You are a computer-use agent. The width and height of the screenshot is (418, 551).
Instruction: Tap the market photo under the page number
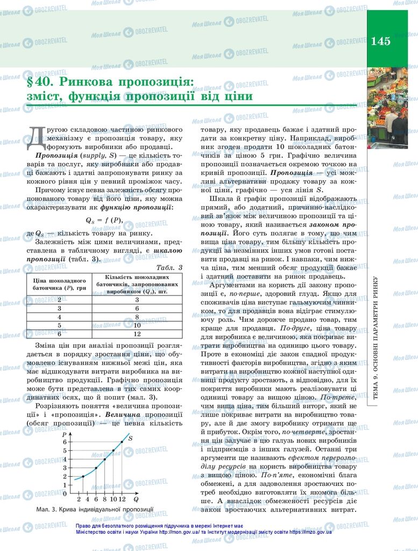387,108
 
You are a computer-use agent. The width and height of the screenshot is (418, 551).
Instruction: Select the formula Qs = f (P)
104,220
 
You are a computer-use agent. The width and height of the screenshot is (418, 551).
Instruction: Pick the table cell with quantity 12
137,334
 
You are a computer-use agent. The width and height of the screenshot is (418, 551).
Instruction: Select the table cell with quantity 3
137,299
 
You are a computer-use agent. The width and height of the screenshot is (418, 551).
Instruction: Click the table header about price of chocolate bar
59,284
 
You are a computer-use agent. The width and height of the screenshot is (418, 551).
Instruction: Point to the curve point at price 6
122,442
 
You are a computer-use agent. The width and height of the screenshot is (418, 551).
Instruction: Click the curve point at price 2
83,476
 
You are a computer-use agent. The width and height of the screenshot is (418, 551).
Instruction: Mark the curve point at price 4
105,459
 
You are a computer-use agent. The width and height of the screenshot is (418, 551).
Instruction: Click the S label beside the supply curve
130,439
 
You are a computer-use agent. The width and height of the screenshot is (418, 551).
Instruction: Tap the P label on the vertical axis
65,434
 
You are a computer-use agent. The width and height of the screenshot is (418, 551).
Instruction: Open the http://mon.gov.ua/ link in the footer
180,532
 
